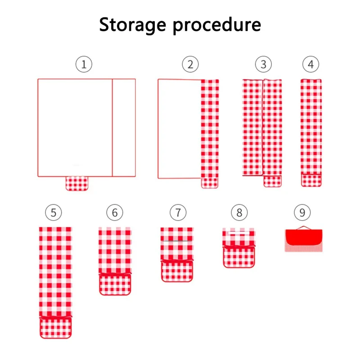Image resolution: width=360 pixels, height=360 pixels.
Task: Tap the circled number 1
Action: [84, 64]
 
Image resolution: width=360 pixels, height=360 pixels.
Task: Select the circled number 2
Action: [190, 64]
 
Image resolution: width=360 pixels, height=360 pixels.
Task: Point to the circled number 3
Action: [263, 64]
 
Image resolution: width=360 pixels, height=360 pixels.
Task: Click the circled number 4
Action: [310, 64]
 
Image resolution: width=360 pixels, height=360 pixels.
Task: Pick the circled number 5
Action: [54, 212]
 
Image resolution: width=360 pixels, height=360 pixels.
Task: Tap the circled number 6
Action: [115, 212]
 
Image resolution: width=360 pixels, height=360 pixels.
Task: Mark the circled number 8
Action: [239, 212]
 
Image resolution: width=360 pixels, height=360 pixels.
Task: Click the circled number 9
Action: [302, 212]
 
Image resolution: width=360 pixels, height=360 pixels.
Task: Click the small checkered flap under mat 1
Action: [78, 184]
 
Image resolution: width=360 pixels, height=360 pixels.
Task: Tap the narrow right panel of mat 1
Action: [124, 128]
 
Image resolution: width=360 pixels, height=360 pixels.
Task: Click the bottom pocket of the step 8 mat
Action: [239, 257]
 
